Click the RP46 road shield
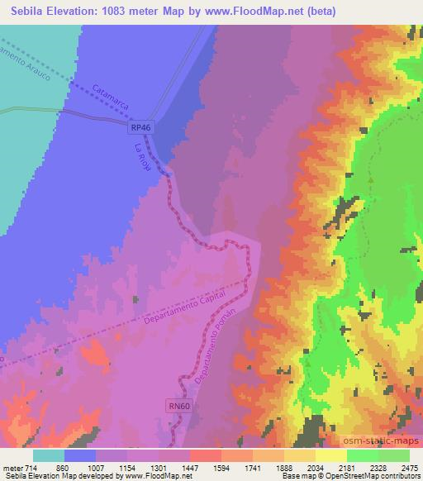tap(140, 129)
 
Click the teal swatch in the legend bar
tap(49, 455)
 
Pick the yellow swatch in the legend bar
tap(331, 455)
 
